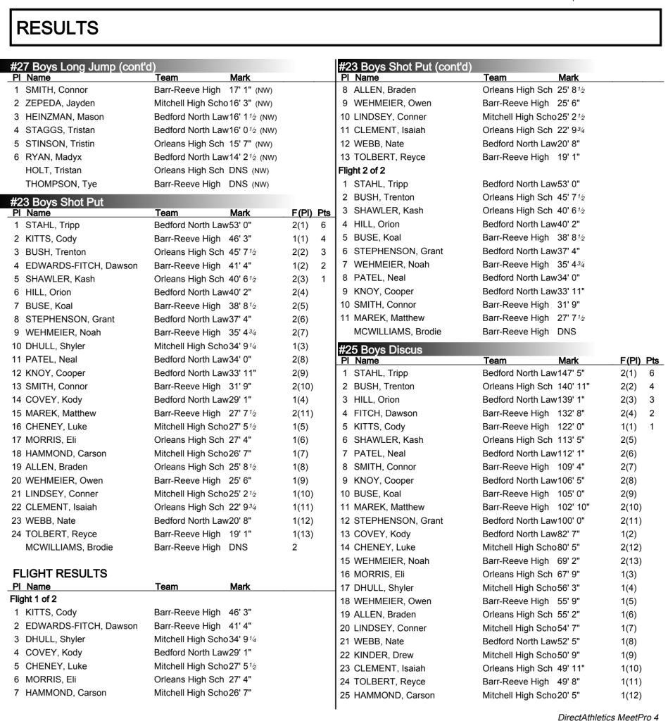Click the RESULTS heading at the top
[52, 30]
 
